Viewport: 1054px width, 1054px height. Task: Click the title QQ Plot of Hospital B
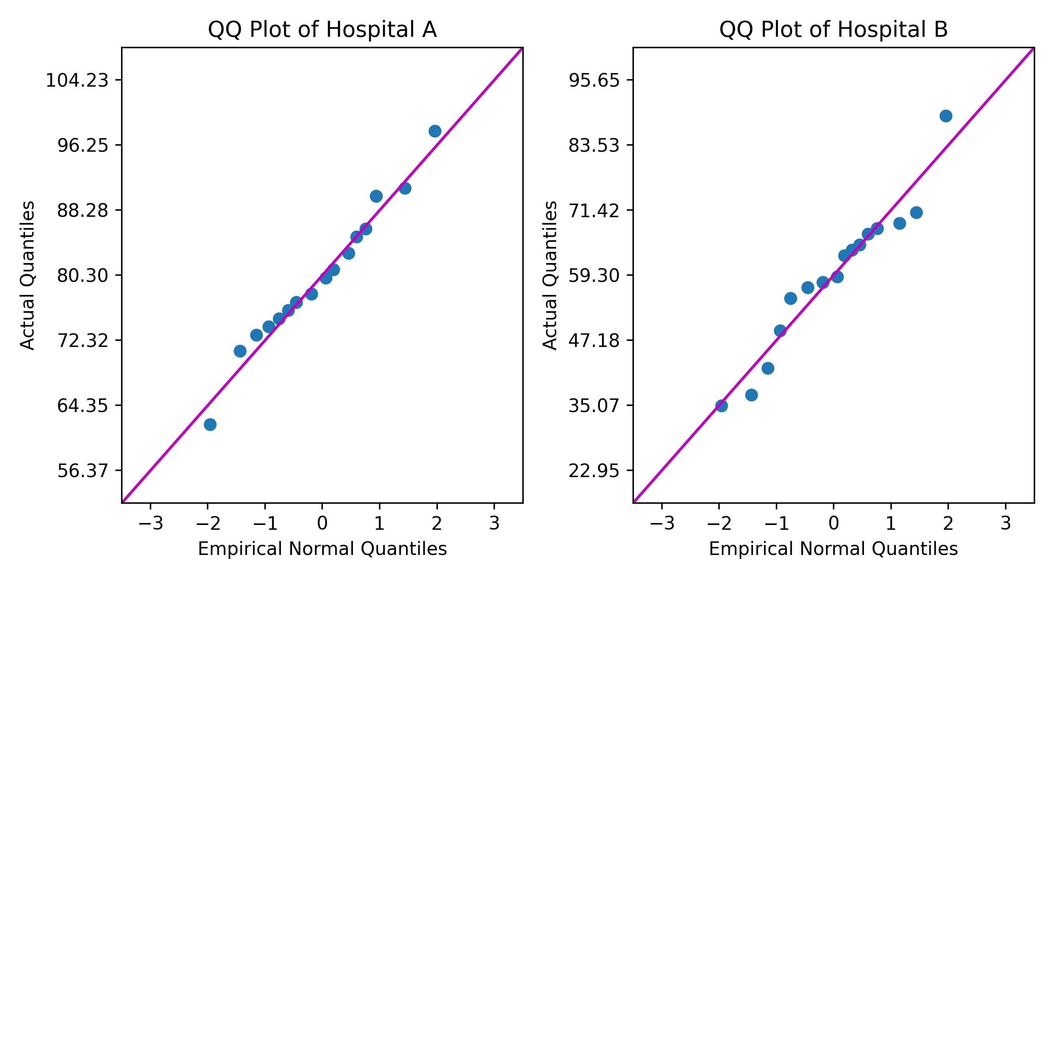pyautogui.click(x=833, y=30)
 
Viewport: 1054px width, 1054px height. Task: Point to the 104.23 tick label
pyautogui.click(x=76, y=81)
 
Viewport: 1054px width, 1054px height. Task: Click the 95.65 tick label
pyautogui.click(x=594, y=81)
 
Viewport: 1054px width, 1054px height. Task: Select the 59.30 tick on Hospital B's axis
pyautogui.click(x=594, y=275)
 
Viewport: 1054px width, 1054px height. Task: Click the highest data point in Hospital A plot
pyautogui.click(x=435, y=131)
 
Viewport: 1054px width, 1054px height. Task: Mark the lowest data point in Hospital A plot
pyautogui.click(x=210, y=424)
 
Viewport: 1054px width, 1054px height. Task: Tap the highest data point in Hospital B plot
pyautogui.click(x=946, y=116)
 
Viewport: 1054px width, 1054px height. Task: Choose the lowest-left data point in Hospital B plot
pyautogui.click(x=721, y=405)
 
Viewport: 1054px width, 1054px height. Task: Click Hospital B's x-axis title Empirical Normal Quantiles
pyautogui.click(x=833, y=549)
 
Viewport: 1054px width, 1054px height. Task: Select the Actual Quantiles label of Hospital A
pyautogui.click(x=27, y=275)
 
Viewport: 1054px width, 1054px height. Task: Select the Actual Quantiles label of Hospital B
pyautogui.click(x=550, y=275)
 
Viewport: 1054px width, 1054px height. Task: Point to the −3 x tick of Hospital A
pyautogui.click(x=151, y=524)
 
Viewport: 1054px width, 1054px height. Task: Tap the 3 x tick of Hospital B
pyautogui.click(x=1005, y=524)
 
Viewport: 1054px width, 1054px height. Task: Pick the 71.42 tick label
pyautogui.click(x=594, y=210)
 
